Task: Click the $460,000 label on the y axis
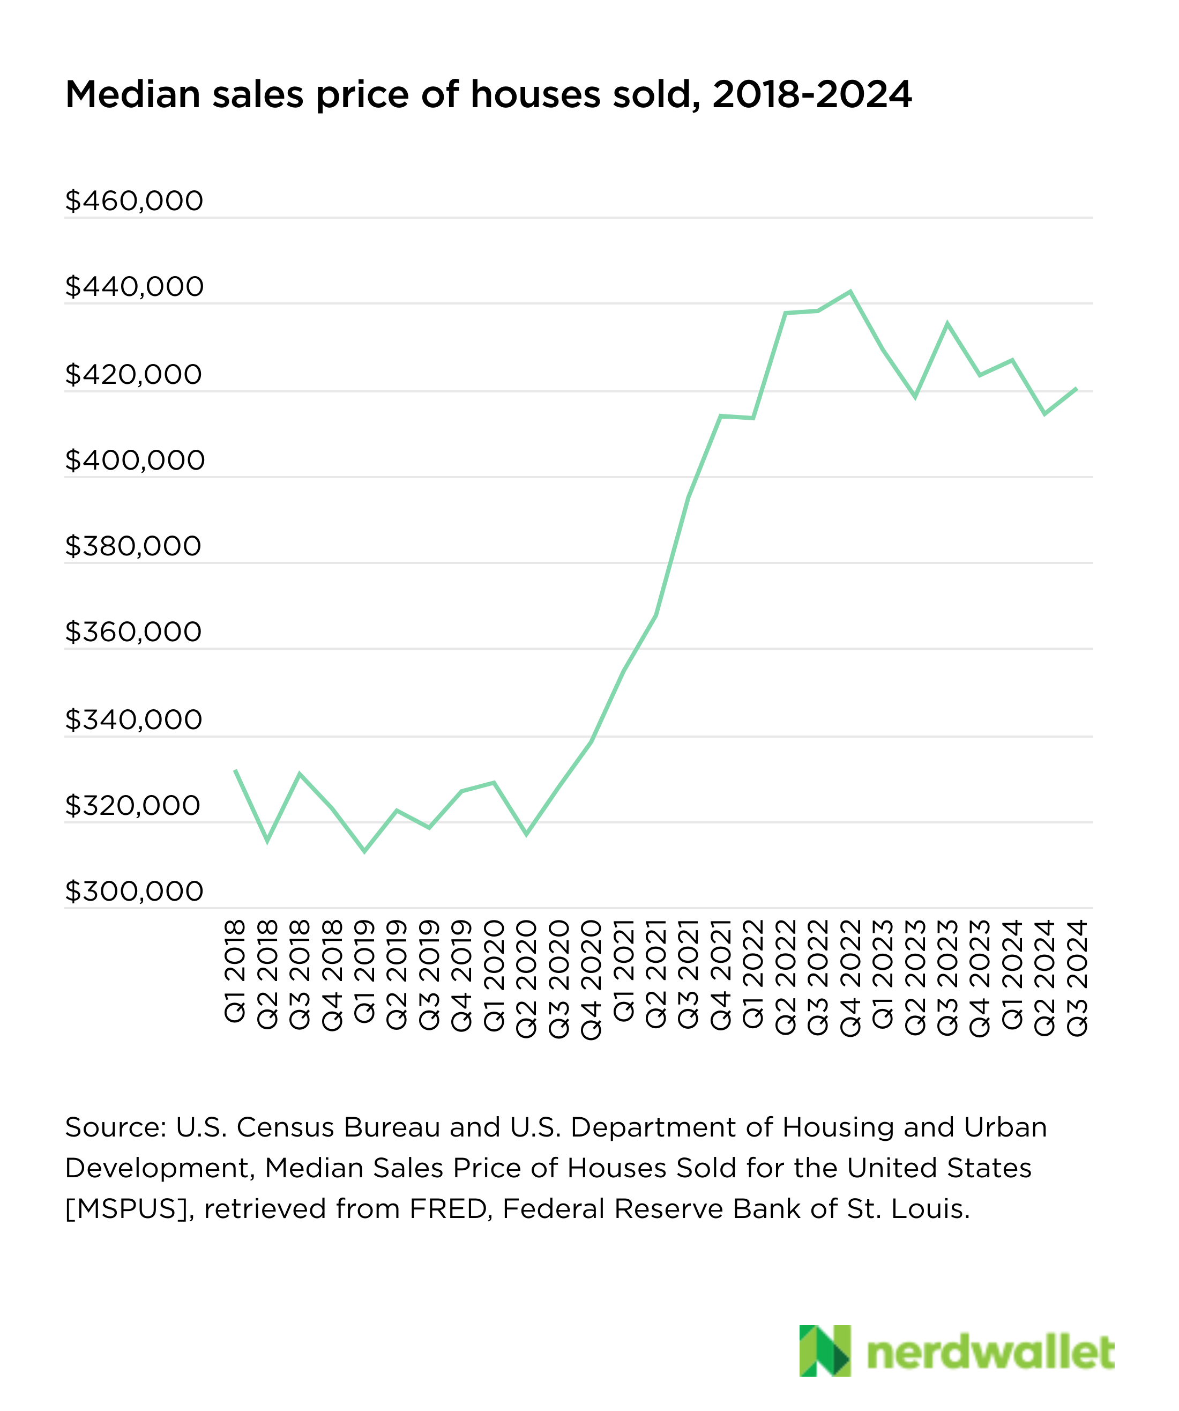point(133,201)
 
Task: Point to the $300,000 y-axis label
point(133,892)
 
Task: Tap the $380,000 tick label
point(133,546)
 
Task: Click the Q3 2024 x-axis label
point(1077,978)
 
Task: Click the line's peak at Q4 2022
point(850,292)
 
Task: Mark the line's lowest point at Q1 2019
point(364,851)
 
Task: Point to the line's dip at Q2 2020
point(527,835)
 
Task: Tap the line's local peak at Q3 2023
point(947,324)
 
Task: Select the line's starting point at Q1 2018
point(235,771)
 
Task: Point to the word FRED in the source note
point(448,1209)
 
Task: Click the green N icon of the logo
point(824,1350)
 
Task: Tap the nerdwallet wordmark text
point(990,1352)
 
